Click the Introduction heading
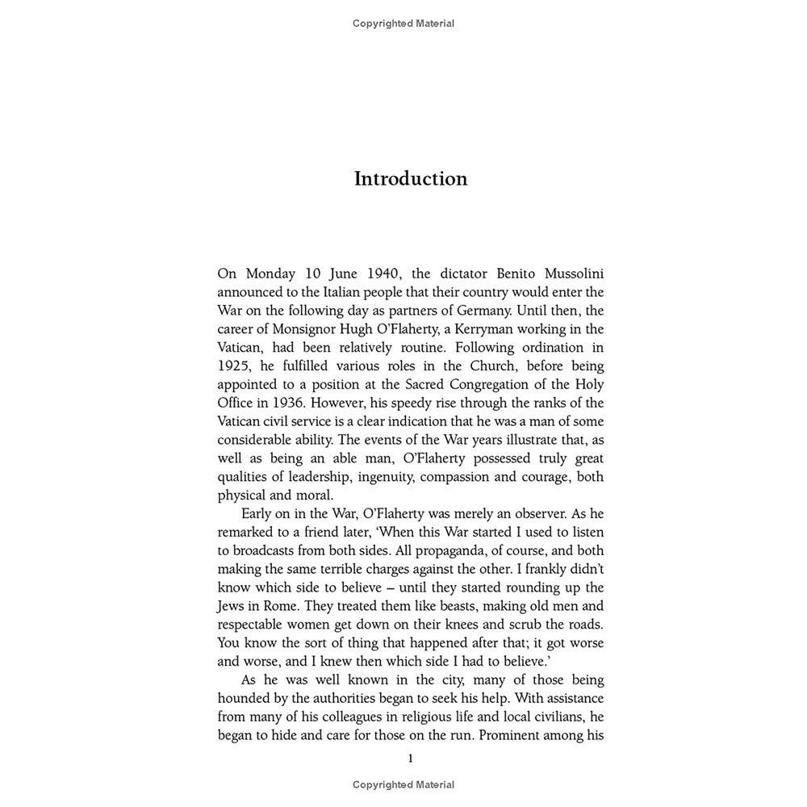tap(411, 178)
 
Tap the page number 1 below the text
tap(411, 758)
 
